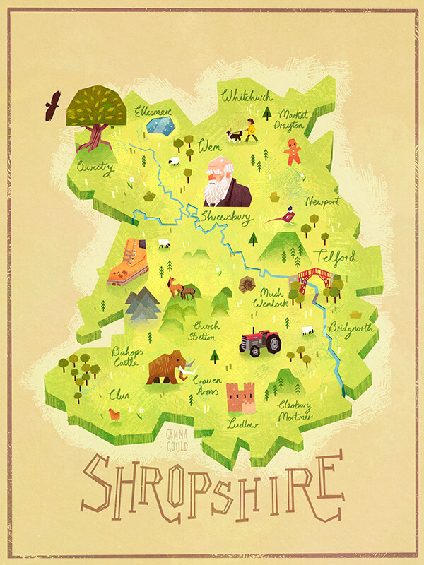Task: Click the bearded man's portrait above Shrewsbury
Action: pos(225,182)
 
